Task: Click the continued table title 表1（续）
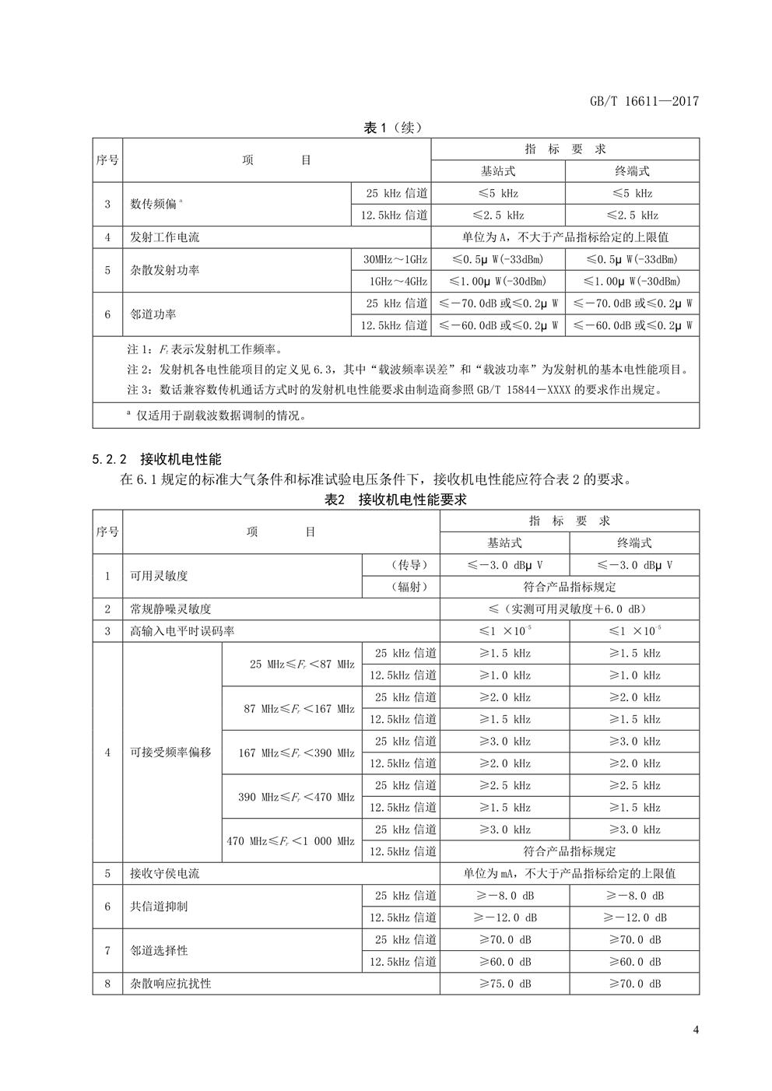click(394, 128)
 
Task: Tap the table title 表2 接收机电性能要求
click(395, 500)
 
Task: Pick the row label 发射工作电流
click(165, 237)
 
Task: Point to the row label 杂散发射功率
click(165, 270)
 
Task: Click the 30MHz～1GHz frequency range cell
click(395, 259)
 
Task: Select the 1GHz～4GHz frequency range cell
click(395, 281)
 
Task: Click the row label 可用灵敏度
click(160, 576)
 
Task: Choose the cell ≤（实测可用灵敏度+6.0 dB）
click(569, 609)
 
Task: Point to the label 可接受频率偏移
click(170, 752)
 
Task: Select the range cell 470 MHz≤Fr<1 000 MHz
click(290, 840)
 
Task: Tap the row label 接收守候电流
click(165, 873)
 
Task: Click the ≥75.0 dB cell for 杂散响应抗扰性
click(504, 984)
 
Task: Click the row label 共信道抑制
click(160, 907)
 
